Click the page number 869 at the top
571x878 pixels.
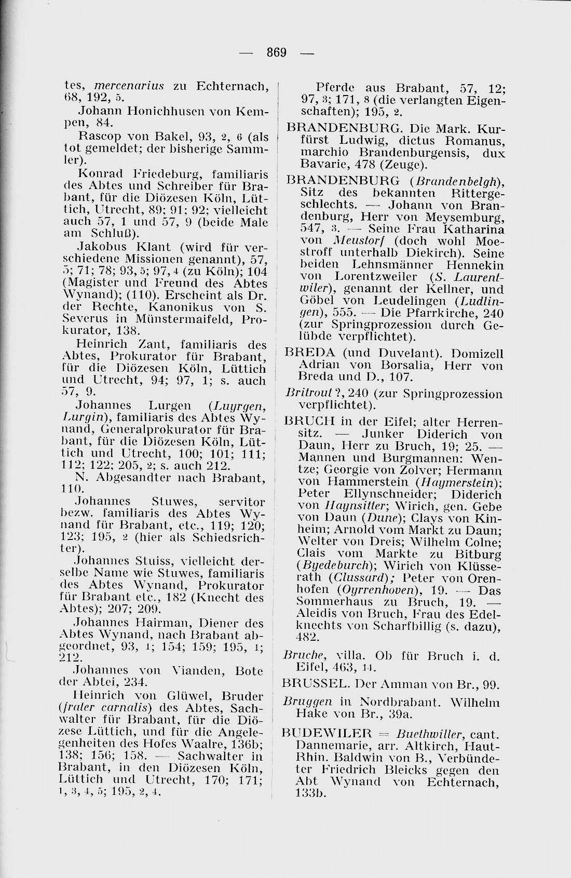(x=277, y=52)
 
